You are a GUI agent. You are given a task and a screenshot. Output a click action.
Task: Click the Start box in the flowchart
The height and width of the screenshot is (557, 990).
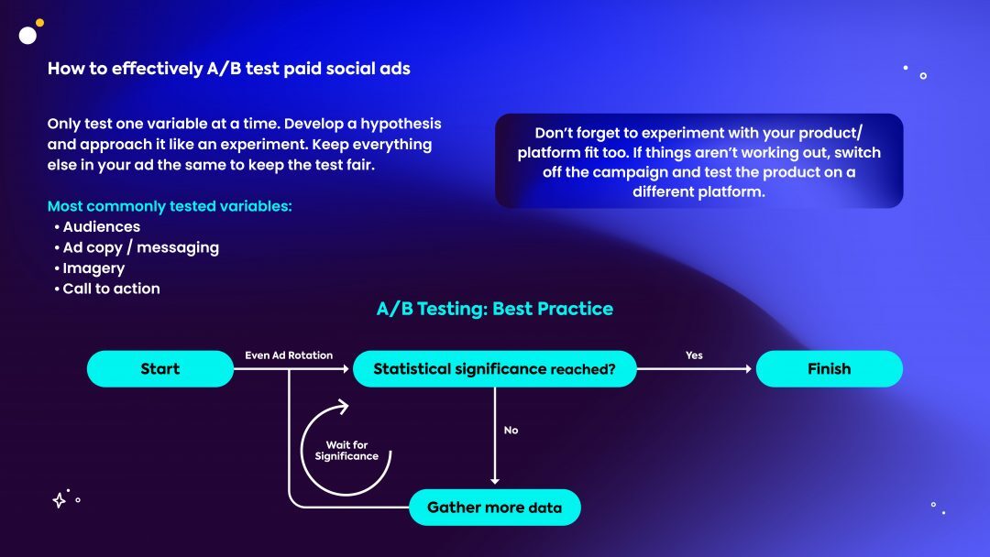[x=160, y=369]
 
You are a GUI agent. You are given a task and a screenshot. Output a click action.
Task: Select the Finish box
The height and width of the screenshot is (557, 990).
[x=829, y=369]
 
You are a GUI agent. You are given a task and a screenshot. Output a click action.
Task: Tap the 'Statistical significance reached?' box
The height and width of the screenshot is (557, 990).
[x=494, y=369]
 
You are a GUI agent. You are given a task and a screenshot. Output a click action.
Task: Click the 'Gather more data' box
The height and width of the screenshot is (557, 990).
[x=494, y=508]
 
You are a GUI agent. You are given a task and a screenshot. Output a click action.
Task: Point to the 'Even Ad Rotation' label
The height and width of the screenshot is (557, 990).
[x=289, y=355]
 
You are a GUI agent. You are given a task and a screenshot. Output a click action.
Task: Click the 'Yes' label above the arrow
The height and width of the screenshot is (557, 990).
[x=694, y=355]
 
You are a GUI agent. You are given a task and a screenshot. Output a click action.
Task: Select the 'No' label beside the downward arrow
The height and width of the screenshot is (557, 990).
[x=511, y=431]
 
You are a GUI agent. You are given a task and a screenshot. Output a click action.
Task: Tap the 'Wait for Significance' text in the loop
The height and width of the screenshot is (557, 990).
[x=346, y=451]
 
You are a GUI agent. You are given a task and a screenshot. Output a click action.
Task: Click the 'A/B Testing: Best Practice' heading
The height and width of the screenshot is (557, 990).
[x=494, y=309]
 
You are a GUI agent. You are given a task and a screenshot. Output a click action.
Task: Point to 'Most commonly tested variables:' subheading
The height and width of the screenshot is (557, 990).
[x=170, y=206]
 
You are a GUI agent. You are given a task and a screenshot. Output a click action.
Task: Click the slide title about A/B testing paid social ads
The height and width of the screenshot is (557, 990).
[x=228, y=68]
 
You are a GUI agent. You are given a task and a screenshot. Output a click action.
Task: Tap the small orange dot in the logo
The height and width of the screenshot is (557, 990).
[x=39, y=23]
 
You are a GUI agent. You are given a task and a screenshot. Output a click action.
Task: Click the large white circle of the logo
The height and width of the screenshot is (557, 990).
[x=27, y=36]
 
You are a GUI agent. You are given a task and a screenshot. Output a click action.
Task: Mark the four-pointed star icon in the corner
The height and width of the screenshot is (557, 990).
[x=59, y=500]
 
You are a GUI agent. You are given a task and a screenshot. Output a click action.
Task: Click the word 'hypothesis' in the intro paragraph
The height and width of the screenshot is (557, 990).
[x=401, y=125]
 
